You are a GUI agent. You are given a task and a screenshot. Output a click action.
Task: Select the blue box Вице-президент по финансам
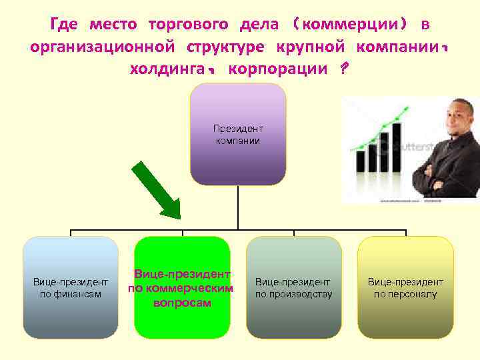pyautogui.click(x=71, y=287)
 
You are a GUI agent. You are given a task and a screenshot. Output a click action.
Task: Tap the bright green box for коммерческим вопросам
pyautogui.click(x=182, y=287)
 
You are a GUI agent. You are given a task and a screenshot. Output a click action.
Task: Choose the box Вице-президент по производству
pyautogui.click(x=293, y=287)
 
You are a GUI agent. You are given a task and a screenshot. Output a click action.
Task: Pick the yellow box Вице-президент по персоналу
pyautogui.click(x=405, y=287)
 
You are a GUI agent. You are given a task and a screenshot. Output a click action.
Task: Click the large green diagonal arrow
pyautogui.click(x=157, y=190)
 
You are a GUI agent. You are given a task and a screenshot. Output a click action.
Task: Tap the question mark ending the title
pyautogui.click(x=343, y=69)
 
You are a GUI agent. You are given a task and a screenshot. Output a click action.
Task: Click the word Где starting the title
pyautogui.click(x=64, y=25)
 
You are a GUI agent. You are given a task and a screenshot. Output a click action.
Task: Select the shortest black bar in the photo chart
pyautogui.click(x=361, y=161)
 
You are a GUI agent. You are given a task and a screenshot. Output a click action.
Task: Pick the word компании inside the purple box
pyautogui.click(x=238, y=141)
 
